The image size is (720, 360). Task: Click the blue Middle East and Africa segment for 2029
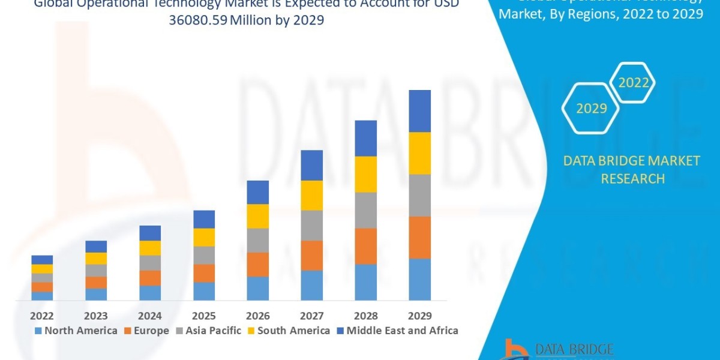coord(420,111)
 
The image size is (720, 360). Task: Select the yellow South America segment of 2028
coord(366,174)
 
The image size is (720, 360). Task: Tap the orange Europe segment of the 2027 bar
coord(312,255)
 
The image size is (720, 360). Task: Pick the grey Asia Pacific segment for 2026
coord(258,240)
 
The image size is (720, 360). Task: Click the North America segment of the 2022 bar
coord(42,296)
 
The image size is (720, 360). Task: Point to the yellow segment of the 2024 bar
coord(150,248)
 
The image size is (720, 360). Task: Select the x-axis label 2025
coord(204,316)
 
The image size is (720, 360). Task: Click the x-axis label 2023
coord(96,316)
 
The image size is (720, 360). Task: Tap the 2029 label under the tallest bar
coord(420,316)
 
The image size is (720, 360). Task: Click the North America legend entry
coord(76,331)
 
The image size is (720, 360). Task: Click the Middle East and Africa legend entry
coord(397,331)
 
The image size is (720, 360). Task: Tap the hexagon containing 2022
coord(634,83)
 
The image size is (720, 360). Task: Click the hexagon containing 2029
coord(591,109)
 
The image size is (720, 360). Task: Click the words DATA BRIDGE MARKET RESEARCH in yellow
coord(632,170)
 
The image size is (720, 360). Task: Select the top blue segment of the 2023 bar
coord(96,247)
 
